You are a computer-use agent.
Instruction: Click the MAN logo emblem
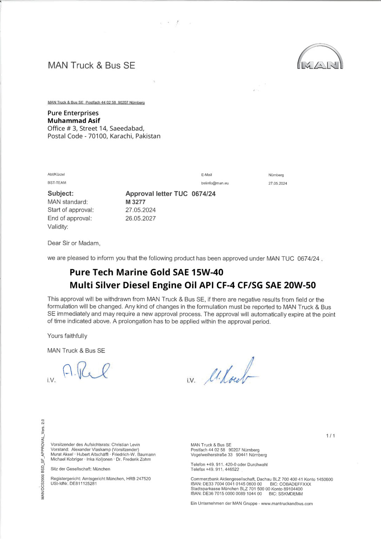pos(320,57)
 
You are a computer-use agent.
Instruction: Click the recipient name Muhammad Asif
pos(74,121)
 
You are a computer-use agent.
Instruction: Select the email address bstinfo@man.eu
pos(215,183)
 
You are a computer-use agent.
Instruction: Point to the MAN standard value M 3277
pos(135,202)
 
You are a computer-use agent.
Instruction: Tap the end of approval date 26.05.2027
pos(140,218)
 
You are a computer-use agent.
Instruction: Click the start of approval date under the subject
pos(140,210)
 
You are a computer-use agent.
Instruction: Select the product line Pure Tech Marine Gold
pos(146,272)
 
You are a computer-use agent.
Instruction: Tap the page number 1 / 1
pos(330,436)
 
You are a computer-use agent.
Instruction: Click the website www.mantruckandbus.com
pos(287,504)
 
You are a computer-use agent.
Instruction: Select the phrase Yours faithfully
pos(67,336)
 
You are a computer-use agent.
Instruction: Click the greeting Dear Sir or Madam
pos(74,243)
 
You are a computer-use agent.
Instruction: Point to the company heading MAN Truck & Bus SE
pos(91,65)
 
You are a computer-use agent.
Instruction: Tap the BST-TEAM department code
pos(57,182)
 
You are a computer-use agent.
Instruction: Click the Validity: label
pos(58,227)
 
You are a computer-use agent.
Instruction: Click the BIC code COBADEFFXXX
pos(295,484)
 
